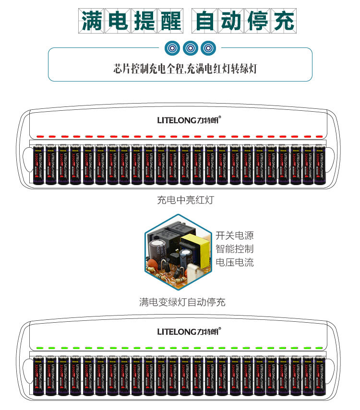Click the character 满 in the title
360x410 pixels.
coord(92,22)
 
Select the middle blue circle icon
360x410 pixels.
coord(190,48)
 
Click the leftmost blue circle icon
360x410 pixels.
coord(172,48)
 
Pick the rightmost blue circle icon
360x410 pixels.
coord(208,48)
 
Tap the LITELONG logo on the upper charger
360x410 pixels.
coord(189,120)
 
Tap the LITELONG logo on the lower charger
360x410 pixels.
coord(189,331)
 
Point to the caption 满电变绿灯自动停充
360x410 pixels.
coord(182,302)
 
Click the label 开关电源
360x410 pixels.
coord(234,236)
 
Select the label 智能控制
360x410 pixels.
coord(234,249)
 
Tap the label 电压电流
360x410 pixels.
coord(234,263)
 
